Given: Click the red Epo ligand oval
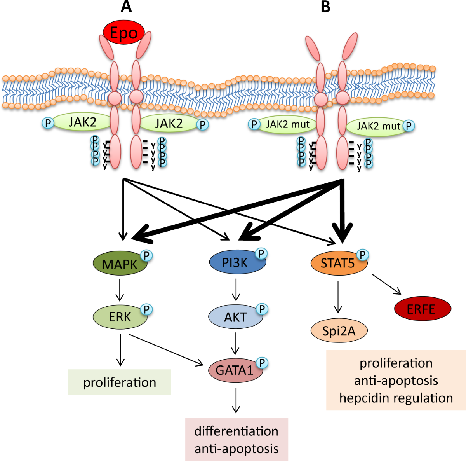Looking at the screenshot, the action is pos(124,32).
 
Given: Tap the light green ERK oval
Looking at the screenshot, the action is pos(120,317).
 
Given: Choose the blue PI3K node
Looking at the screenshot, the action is pos(238,262).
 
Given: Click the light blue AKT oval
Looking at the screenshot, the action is pos(236,317).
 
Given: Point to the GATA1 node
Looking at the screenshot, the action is pos(236,370).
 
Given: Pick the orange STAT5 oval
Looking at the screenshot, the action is pos(339,263).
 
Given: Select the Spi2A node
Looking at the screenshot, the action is pos(339,331).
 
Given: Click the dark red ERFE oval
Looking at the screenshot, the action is pos(423,309).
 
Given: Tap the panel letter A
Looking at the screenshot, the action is pos(126,7).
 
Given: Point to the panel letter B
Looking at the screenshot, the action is pos(325,7).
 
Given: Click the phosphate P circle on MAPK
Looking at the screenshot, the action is pos(146,255).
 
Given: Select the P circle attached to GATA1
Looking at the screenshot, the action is pos(262,363).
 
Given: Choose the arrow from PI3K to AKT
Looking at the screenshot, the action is pos(236,290).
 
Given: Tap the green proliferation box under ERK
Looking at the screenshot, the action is pos(120,382).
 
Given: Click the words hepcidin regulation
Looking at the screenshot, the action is pos(396,398).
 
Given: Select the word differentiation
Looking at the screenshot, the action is pos(236,431).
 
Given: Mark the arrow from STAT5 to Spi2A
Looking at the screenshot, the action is pos(338,297).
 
